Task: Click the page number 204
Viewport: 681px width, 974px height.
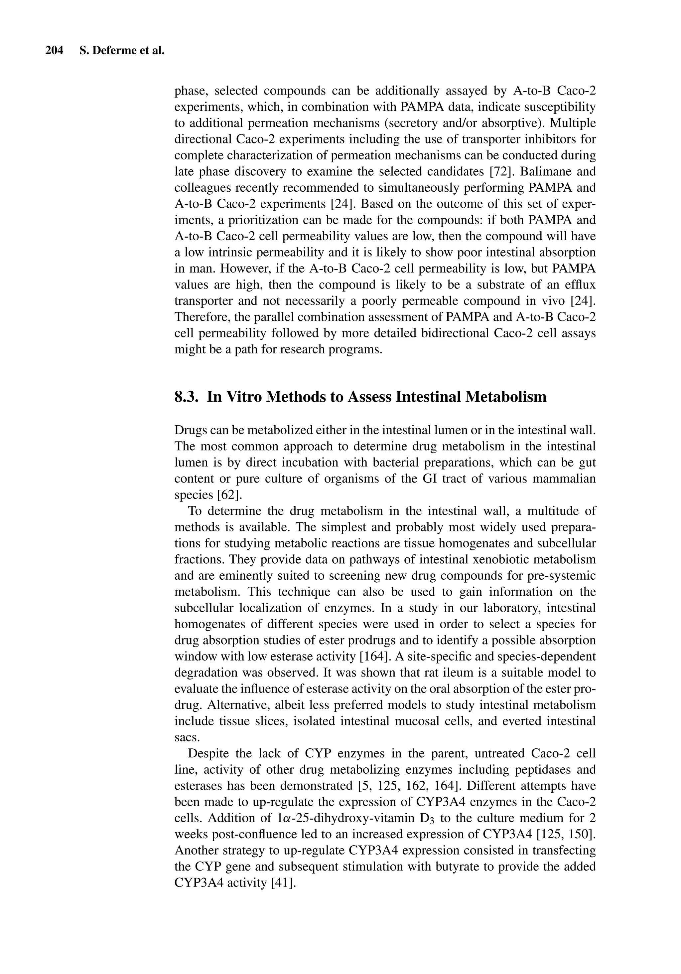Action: [54, 51]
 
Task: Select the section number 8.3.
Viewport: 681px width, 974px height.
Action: [187, 397]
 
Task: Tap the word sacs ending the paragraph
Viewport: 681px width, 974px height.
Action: [187, 738]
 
